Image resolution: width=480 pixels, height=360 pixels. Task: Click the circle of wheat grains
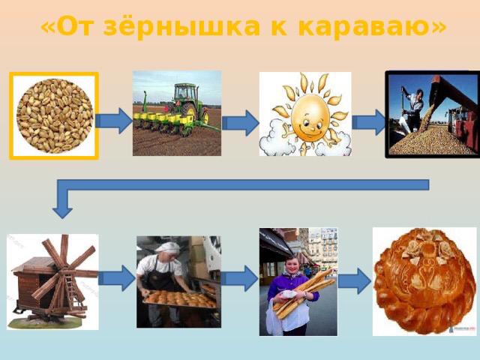click(x=55, y=115)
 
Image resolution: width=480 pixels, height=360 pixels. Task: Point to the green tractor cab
click(x=184, y=94)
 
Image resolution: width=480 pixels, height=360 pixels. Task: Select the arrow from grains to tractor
click(x=114, y=121)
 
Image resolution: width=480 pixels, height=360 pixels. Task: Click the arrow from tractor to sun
click(x=240, y=123)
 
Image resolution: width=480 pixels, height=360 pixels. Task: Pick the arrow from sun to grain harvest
click(x=369, y=122)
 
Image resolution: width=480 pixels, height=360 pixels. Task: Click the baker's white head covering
click(x=168, y=247)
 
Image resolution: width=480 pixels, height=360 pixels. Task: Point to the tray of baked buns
click(x=181, y=299)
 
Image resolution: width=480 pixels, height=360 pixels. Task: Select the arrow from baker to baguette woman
click(x=240, y=278)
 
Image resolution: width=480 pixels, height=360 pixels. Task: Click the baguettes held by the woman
click(x=304, y=292)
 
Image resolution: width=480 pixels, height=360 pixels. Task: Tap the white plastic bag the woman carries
click(x=273, y=318)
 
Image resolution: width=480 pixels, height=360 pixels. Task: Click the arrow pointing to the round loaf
click(x=355, y=281)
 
